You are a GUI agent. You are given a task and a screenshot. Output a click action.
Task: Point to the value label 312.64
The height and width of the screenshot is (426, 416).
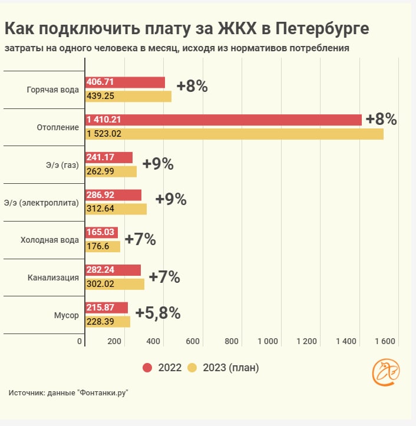coord(101,209)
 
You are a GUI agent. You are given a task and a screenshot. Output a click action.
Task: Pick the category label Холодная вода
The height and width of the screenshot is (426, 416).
coord(49,240)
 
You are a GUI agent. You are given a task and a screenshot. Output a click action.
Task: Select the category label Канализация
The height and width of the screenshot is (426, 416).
coord(54,278)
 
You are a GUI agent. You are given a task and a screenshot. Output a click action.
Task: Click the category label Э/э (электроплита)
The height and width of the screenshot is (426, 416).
coord(41,203)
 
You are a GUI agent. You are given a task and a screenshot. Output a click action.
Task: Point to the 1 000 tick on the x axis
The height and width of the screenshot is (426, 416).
coord(268,341)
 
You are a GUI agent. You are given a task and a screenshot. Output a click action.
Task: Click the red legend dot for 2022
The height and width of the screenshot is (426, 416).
coord(148,368)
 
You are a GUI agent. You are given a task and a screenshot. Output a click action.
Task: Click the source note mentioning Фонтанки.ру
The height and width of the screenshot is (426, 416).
coord(68,393)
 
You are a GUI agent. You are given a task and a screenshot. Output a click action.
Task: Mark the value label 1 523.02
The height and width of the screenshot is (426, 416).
coord(105,134)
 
